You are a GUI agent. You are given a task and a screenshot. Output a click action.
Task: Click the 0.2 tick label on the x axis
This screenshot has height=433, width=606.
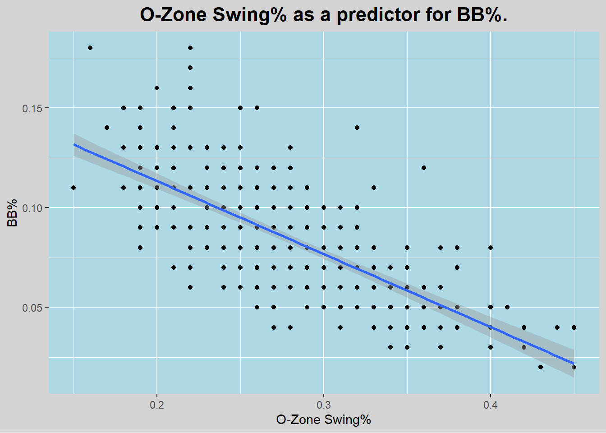tap(156, 405)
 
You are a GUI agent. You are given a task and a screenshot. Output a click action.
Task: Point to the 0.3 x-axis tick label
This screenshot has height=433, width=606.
tap(323, 405)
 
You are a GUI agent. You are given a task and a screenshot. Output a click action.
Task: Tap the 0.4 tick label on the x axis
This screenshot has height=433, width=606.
tap(490, 405)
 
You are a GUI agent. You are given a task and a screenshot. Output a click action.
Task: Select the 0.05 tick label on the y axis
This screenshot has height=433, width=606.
tap(32, 308)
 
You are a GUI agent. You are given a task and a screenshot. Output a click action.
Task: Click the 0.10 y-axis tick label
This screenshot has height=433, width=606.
tap(32, 208)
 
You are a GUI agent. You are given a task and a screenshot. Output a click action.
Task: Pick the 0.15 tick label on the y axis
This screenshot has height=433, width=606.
tap(32, 108)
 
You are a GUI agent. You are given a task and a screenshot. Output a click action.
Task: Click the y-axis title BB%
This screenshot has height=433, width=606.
tap(12, 212)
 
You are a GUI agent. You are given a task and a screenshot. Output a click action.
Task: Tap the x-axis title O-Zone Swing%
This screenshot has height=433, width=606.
tap(323, 420)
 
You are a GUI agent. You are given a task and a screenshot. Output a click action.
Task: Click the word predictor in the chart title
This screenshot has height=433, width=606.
tap(377, 15)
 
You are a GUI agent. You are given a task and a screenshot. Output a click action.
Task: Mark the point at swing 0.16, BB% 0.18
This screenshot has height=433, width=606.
tap(90, 48)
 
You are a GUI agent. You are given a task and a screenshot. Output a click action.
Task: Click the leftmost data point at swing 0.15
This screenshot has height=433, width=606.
tap(73, 188)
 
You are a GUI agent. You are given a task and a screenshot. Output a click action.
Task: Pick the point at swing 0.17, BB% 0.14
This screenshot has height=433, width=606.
tap(107, 128)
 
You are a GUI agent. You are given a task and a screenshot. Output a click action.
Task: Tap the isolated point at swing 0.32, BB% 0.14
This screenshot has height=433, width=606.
tap(357, 128)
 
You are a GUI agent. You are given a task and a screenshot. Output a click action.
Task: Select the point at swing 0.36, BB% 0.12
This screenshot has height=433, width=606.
tap(424, 168)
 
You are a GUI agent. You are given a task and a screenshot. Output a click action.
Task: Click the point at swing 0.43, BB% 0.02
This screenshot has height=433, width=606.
tap(541, 367)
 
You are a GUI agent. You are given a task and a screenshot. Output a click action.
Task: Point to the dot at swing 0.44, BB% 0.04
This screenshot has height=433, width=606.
tap(557, 327)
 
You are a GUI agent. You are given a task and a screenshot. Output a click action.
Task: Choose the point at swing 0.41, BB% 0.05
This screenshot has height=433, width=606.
tap(507, 307)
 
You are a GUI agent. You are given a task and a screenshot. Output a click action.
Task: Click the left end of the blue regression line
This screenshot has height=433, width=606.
tap(74, 144)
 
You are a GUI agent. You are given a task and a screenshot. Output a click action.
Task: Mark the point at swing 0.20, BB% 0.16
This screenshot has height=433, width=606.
tap(157, 88)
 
